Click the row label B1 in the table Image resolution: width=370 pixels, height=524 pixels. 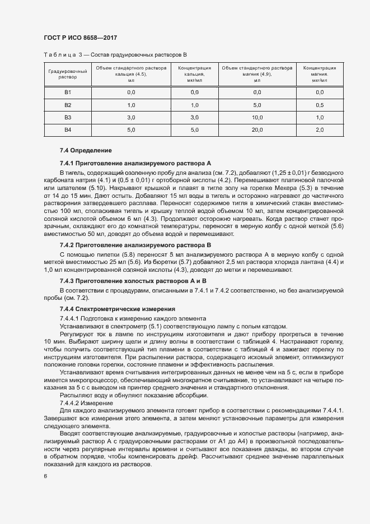point(68,92)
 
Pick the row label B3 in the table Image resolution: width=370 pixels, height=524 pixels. point(68,117)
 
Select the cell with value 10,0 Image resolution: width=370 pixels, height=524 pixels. point(257,117)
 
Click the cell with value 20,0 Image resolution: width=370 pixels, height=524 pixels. point(257,130)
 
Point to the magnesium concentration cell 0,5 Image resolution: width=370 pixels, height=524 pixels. point(320,105)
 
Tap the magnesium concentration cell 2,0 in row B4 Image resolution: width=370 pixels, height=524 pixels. point(320,130)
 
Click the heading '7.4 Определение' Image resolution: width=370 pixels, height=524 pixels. point(86,151)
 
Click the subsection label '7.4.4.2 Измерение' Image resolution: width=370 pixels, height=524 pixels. point(86,403)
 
